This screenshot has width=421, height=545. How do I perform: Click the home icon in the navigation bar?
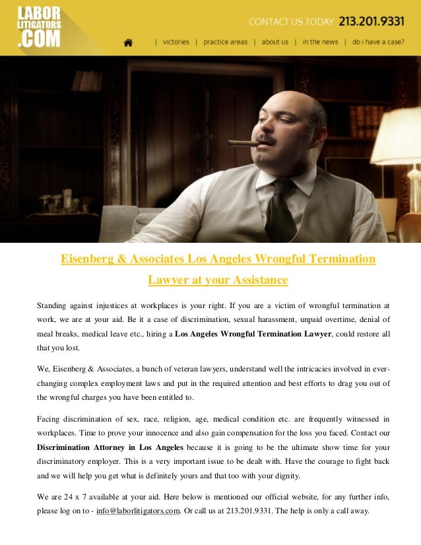coord(128,42)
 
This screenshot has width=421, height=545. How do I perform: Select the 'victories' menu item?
coord(176,42)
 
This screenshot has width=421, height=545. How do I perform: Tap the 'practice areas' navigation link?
coord(225,42)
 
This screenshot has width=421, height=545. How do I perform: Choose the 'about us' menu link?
coord(275,42)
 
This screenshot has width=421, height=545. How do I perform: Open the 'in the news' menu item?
coord(320,42)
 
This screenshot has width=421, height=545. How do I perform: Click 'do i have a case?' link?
coord(378,42)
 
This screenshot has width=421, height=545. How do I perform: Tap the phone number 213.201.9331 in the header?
coord(372,21)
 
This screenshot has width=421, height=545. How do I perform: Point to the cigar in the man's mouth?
coord(242,143)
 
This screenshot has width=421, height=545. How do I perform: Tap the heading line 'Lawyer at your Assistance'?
coord(218,280)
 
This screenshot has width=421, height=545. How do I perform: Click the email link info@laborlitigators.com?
coord(138,511)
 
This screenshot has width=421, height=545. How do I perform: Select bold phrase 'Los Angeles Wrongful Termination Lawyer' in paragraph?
coord(253,333)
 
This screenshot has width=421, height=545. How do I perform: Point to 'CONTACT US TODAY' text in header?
coord(291,22)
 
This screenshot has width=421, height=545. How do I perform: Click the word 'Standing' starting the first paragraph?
coord(52,305)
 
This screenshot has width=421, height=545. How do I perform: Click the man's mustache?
coord(266,140)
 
